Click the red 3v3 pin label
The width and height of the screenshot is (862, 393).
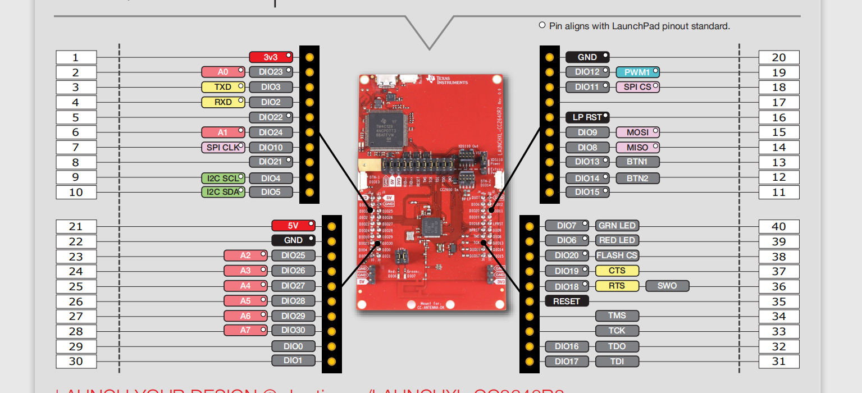[271, 57]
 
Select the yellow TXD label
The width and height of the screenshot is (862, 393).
[223, 87]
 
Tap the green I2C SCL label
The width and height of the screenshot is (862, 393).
[223, 179]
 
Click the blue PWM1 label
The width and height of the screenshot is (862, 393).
[637, 72]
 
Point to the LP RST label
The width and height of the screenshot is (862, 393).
[587, 117]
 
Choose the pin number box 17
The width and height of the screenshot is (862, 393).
[778, 103]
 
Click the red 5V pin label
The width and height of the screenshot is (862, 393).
[293, 226]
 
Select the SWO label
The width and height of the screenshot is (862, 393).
[667, 286]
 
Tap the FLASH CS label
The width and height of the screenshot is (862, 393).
[617, 255]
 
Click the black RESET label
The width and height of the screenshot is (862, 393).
[567, 301]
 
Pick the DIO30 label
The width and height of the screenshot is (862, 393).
[293, 330]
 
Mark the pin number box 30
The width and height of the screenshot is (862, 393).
[76, 362]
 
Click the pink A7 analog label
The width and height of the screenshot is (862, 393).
[245, 330]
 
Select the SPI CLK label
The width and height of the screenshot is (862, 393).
[223, 148]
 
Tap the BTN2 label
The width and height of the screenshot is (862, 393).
[637, 178]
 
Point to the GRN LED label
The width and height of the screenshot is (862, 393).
[617, 226]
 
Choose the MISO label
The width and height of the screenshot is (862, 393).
[637, 148]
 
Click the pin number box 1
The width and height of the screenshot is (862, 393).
[76, 57]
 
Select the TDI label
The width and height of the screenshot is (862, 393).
[617, 362]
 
